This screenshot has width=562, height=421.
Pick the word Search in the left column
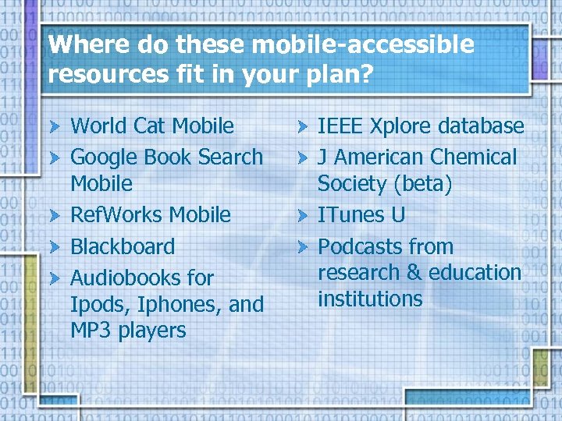(230, 157)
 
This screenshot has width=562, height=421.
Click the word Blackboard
(123, 246)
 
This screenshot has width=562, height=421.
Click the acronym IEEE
(340, 126)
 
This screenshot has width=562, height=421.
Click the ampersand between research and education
(414, 273)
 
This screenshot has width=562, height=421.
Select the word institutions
(370, 299)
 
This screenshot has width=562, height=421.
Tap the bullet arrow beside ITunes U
(302, 215)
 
